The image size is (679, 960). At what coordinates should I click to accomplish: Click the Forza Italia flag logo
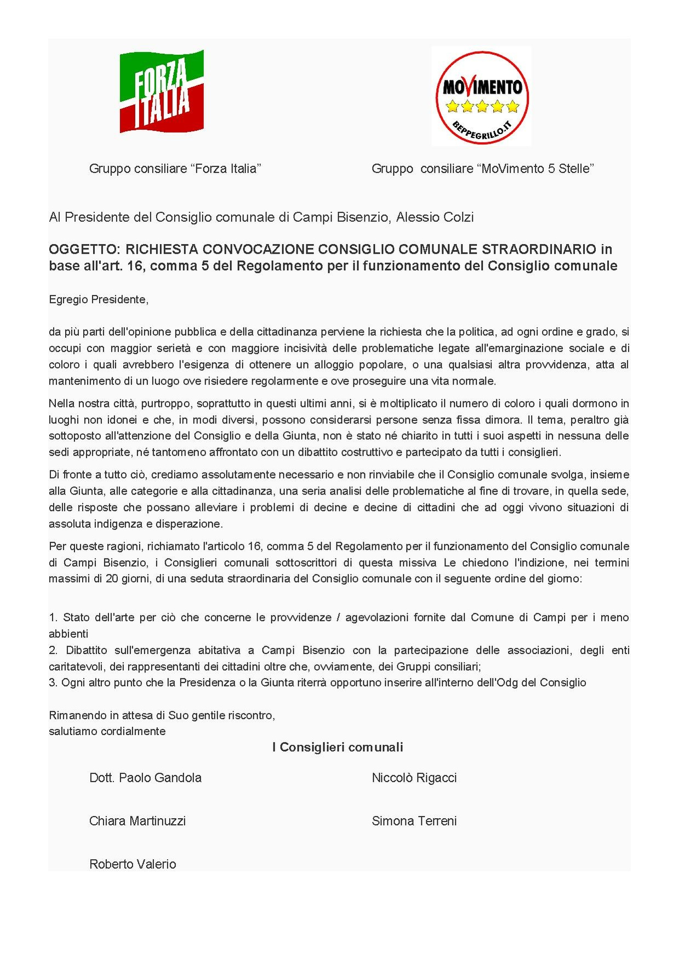162,91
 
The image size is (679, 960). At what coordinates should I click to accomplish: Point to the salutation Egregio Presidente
99,300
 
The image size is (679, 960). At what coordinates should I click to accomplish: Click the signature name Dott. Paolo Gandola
145,778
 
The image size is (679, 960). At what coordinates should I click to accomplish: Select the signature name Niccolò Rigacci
414,778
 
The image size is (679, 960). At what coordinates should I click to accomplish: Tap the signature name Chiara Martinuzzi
138,821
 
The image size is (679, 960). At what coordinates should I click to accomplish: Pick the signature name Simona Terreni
414,821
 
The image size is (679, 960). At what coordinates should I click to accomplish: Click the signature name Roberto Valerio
133,864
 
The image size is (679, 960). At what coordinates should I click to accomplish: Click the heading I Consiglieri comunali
338,748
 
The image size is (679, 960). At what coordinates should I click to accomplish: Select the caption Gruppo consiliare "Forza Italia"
175,169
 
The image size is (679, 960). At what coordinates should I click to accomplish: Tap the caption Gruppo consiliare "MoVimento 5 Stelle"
482,169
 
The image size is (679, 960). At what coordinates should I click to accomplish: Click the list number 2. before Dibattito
53,651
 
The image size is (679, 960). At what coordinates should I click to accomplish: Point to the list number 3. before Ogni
53,683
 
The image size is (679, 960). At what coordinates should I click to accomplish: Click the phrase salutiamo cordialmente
107,732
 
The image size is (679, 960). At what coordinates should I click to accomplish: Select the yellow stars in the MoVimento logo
482,106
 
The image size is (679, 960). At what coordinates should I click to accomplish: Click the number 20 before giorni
112,579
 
